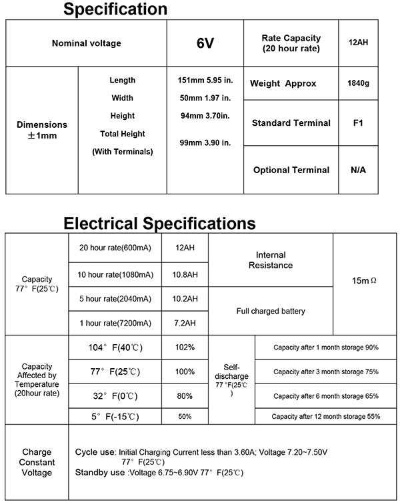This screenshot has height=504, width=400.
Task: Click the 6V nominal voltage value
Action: [x=205, y=43]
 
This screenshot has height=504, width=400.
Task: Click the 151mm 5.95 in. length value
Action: [x=205, y=81]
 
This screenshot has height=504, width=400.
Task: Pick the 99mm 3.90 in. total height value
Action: [x=205, y=143]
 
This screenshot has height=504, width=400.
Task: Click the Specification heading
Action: [x=115, y=9]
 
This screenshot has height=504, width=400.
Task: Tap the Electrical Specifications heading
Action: [x=159, y=222]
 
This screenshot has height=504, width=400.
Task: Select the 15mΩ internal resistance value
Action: [x=365, y=282]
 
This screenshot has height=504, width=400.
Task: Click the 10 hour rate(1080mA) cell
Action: [x=115, y=274]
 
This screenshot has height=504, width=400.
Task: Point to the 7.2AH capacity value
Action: [x=185, y=323]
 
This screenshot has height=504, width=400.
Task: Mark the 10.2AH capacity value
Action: [x=185, y=298]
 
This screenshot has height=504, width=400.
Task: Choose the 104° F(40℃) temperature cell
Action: [x=115, y=348]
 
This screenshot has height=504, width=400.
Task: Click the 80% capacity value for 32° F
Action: [x=185, y=395]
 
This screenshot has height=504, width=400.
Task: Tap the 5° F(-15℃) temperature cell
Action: [x=115, y=417]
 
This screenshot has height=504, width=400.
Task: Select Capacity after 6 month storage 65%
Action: [x=326, y=396]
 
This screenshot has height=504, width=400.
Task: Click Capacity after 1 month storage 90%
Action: [x=326, y=348]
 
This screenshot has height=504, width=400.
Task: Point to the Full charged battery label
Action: [x=270, y=311]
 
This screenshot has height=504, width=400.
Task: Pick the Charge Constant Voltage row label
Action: [x=37, y=462]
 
